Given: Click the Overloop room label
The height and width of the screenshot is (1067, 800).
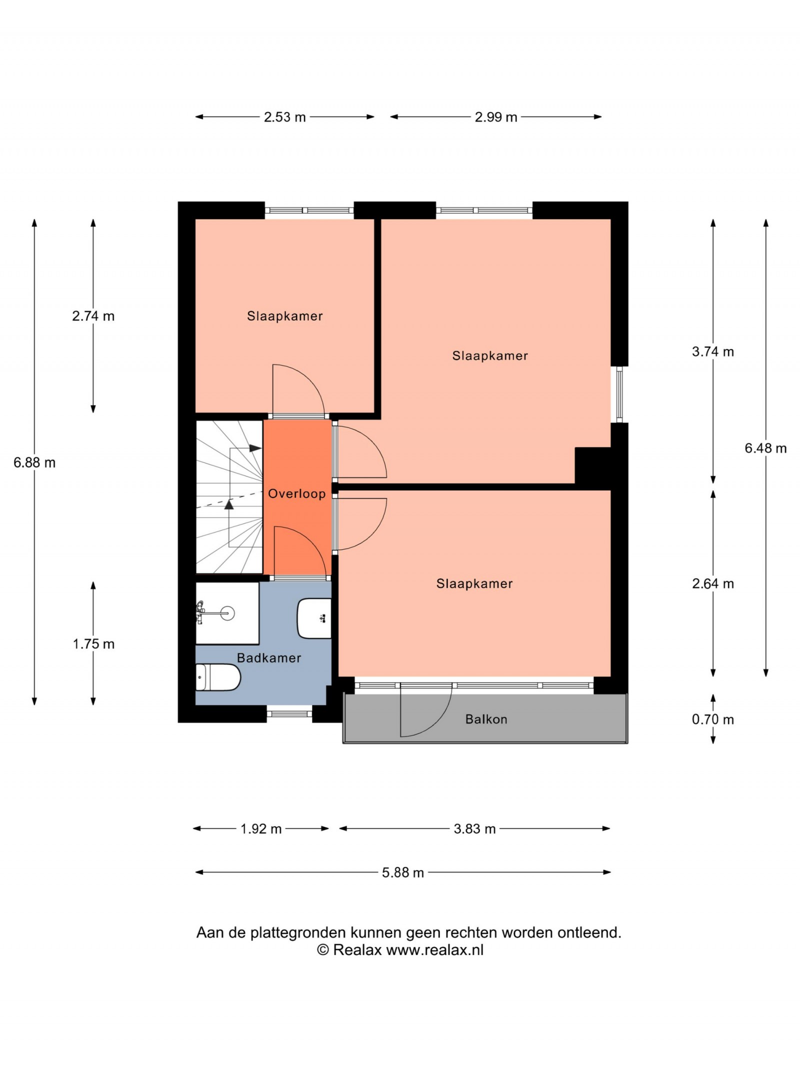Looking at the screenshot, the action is point(297,493).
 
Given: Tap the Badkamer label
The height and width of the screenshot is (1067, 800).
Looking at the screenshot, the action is point(269,657).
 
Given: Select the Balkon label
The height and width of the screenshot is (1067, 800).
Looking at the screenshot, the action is point(486,719).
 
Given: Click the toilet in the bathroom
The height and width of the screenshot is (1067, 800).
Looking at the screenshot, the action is point(218,677).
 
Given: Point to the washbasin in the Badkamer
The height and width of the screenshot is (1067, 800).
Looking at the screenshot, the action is point(314,618).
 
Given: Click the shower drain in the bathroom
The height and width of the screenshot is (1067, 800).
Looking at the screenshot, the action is point(228,612).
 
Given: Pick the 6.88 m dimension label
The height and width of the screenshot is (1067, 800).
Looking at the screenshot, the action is point(34,462).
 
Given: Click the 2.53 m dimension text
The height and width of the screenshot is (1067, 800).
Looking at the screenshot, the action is point(284,117).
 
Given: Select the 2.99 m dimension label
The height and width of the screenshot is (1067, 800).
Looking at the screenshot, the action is point(496,117).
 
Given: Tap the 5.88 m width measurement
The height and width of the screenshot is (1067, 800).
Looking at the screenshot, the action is point(403,872).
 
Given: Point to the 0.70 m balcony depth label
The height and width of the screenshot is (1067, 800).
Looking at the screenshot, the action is point(713,719).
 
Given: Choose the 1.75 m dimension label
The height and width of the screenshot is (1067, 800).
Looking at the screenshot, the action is point(93,644).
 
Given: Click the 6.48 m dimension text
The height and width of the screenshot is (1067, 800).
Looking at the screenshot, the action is point(765,448).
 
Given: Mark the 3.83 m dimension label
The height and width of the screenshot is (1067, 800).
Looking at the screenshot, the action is point(474,829).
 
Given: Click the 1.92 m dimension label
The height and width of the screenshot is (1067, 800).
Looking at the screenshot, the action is point(261,829).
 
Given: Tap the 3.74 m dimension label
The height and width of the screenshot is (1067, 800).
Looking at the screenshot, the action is point(713,351).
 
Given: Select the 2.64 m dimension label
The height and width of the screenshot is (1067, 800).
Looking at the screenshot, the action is point(713,583).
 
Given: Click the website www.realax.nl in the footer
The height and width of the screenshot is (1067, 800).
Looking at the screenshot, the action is point(435,950).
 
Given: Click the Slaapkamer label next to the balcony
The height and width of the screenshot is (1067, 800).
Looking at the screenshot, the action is point(474,583).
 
